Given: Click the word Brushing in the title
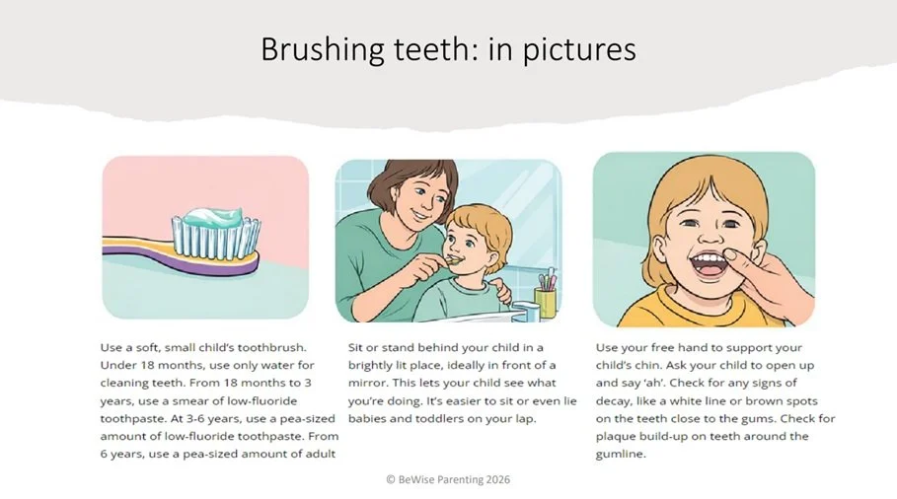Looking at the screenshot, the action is (x=323, y=49).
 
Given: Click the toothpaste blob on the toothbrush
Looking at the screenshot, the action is (x=213, y=217).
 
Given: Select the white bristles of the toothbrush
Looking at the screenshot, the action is (x=217, y=238).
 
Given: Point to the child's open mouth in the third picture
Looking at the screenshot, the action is (x=709, y=264).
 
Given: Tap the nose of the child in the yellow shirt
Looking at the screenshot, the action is (x=710, y=236).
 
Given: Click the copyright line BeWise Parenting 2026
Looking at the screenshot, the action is (x=448, y=479).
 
